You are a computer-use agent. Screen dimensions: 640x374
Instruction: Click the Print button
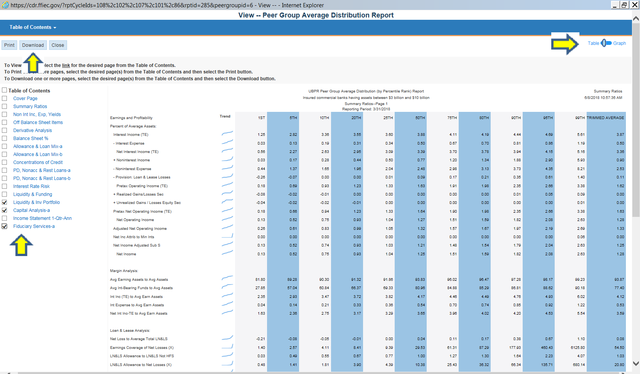point(9,45)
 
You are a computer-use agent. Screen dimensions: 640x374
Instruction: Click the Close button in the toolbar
point(58,45)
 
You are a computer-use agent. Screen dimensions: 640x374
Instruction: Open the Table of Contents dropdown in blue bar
point(33,27)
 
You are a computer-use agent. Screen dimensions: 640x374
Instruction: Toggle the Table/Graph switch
point(606,43)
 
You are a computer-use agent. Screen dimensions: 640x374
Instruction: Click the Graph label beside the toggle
point(619,43)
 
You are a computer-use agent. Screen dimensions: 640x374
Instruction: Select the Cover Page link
point(25,99)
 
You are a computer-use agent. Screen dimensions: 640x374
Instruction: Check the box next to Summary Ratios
point(4,107)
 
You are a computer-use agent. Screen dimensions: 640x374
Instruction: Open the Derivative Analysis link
point(33,131)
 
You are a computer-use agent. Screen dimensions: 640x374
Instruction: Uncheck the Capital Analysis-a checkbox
point(4,210)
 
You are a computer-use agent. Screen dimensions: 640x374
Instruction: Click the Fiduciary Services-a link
point(34,226)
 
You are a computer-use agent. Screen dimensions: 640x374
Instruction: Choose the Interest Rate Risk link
point(31,186)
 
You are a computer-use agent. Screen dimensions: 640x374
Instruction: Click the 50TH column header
point(420,118)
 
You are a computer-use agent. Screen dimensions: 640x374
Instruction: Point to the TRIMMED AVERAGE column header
point(605,118)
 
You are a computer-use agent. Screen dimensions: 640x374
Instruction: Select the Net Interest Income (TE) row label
point(138,152)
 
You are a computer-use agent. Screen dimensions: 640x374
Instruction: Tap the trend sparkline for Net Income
point(227,253)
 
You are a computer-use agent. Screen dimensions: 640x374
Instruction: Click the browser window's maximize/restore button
point(624,5)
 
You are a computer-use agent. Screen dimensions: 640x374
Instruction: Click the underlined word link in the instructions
point(66,65)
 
